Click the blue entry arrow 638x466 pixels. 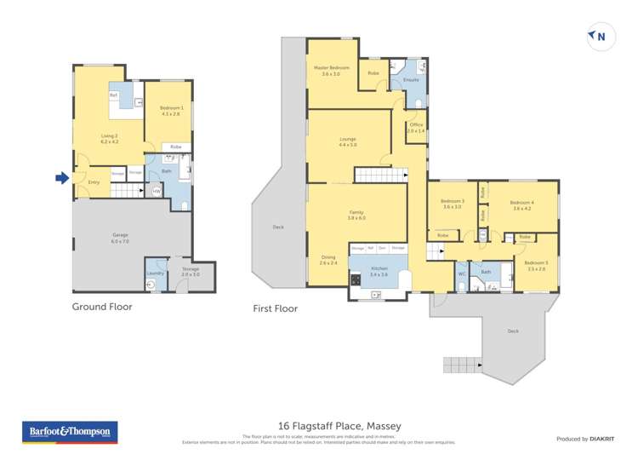pos(61,178)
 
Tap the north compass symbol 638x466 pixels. pos(597,36)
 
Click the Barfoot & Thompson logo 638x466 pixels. pos(69,433)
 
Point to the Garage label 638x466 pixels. pos(120,238)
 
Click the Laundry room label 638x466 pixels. pos(155,273)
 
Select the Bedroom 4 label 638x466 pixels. pos(521,204)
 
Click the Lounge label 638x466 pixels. pos(347,141)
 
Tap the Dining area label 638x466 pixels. pos(328,260)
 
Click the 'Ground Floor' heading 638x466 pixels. pos(102,307)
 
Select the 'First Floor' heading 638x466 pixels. pos(275,308)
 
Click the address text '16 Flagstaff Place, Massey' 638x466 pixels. pos(339,425)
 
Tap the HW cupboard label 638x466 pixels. pos(157,192)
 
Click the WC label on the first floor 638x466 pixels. pos(461,273)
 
